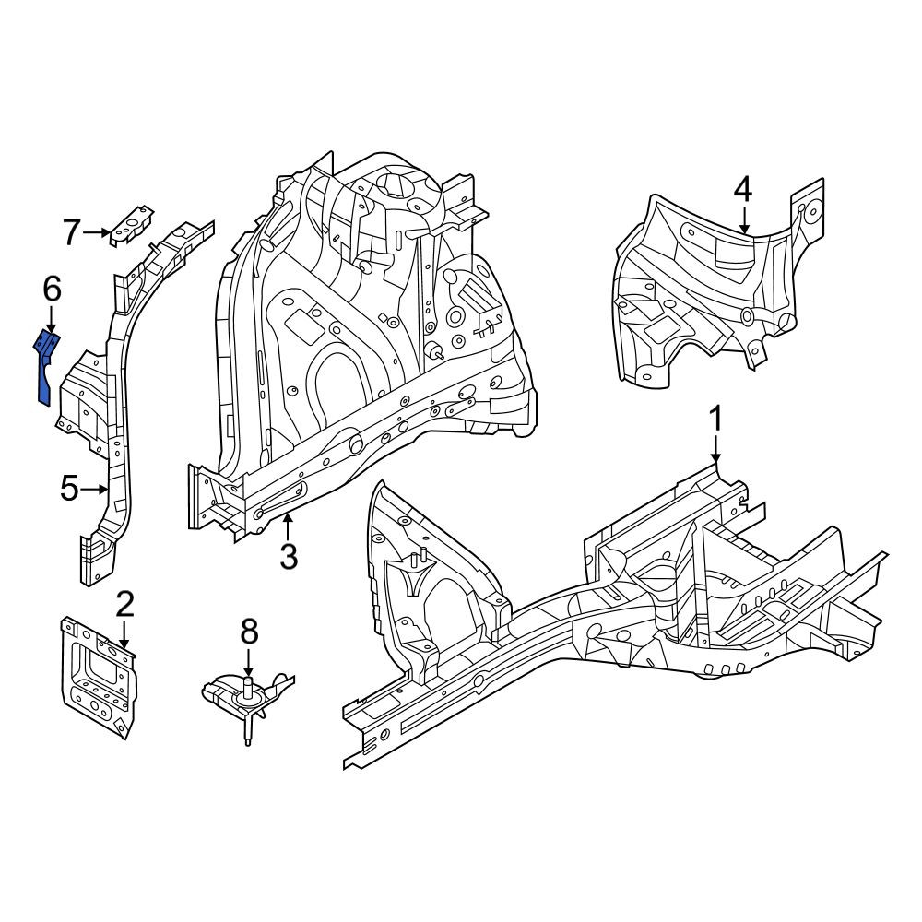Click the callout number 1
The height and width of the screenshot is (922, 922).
coord(715,420)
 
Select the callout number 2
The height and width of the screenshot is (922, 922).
coord(125,605)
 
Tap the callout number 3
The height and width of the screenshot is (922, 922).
coord(289,556)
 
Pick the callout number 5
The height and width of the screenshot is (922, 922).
coord(69,488)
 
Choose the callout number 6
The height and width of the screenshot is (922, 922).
coord(52,290)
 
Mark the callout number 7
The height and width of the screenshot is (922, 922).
coord(71,232)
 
